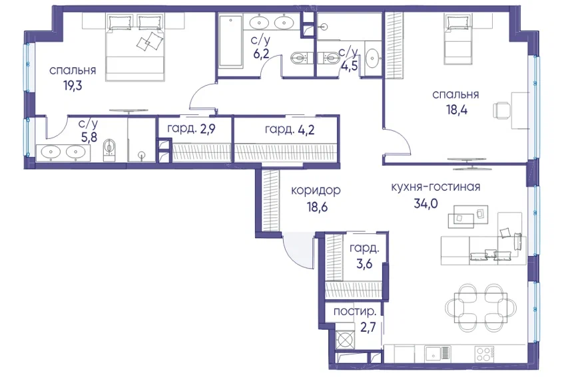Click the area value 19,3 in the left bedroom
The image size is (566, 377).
(x=72, y=86)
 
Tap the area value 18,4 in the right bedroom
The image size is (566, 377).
(x=457, y=110)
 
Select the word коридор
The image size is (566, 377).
(x=316, y=190)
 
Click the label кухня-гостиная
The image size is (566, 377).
(x=435, y=187)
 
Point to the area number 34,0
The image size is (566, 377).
(x=426, y=204)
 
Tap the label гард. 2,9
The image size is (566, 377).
(x=191, y=129)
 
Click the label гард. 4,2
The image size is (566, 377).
(x=290, y=130)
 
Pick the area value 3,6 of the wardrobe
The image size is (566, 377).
(x=364, y=264)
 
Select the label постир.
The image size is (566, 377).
(x=352, y=312)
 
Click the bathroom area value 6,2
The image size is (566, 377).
(x=260, y=54)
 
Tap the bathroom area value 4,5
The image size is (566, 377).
(x=350, y=66)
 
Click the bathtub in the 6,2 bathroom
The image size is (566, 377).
(x=230, y=41)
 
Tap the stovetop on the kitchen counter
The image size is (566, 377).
(x=484, y=353)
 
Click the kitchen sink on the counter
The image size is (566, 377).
(x=437, y=354)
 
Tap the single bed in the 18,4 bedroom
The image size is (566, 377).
(x=458, y=39)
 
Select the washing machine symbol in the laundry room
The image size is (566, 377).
(x=345, y=340)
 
